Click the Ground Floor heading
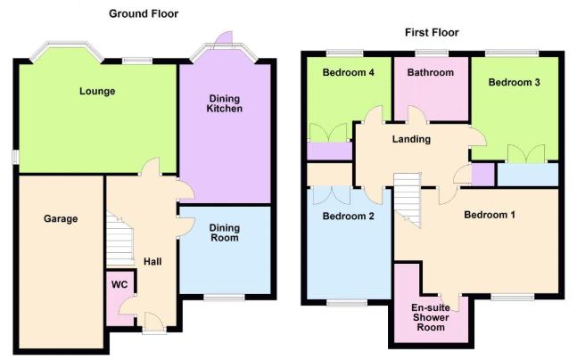tap(144, 14)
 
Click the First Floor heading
tap(432, 32)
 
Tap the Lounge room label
tap(97, 91)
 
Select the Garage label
tap(61, 219)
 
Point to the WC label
tap(120, 284)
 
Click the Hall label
tap(152, 261)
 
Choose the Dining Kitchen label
tap(225, 103)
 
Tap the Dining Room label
tap(225, 233)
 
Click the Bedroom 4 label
tap(348, 72)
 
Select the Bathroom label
tap(430, 72)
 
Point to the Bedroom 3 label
tap(514, 82)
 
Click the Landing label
tap(411, 139)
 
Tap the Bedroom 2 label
tap(348, 216)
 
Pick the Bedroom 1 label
tap(490, 215)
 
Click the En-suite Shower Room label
tap(431, 317)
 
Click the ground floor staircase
tap(120, 240)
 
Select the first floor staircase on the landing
tap(407, 200)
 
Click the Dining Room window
tap(224, 297)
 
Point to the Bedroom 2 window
tap(347, 303)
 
